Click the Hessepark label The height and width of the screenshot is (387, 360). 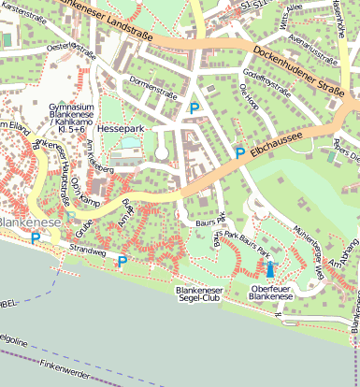point(122,127)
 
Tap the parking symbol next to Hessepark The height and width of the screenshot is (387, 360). point(194,108)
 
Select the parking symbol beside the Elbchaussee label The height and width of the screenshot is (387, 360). point(239,152)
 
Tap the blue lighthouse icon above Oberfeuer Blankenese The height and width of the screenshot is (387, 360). point(271,270)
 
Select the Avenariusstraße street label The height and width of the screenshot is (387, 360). point(313,50)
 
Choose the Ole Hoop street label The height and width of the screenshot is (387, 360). point(249,96)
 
